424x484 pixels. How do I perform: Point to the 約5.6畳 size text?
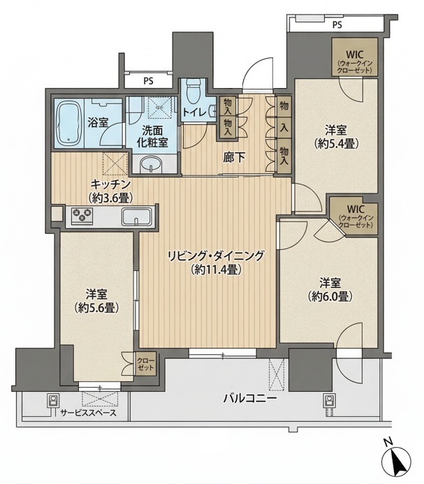tap(96, 307)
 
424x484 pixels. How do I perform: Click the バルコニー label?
tap(249, 399)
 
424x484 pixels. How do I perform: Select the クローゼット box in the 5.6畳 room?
tap(146, 364)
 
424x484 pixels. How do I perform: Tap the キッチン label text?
tap(110, 184)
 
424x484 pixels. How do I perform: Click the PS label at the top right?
tap(337, 25)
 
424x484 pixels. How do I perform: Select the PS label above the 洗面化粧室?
tap(148, 81)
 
